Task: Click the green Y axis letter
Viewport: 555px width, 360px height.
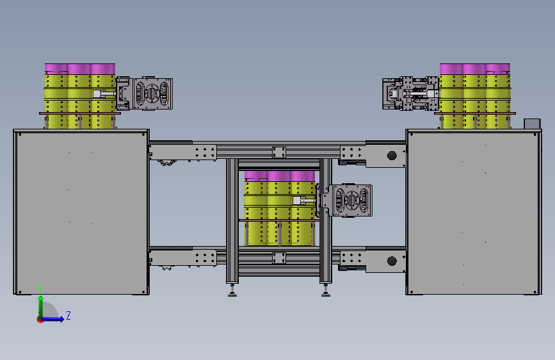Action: (40, 288)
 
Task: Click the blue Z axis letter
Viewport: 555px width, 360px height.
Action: (68, 315)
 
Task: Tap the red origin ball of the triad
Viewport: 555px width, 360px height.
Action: (40, 320)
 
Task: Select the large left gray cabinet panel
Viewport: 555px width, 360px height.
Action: (81, 212)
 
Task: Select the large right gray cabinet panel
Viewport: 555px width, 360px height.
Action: (473, 212)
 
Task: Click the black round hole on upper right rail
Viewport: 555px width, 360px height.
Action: (392, 156)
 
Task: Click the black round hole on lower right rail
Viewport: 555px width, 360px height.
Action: (392, 261)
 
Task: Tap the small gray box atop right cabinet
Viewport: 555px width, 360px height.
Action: (532, 124)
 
